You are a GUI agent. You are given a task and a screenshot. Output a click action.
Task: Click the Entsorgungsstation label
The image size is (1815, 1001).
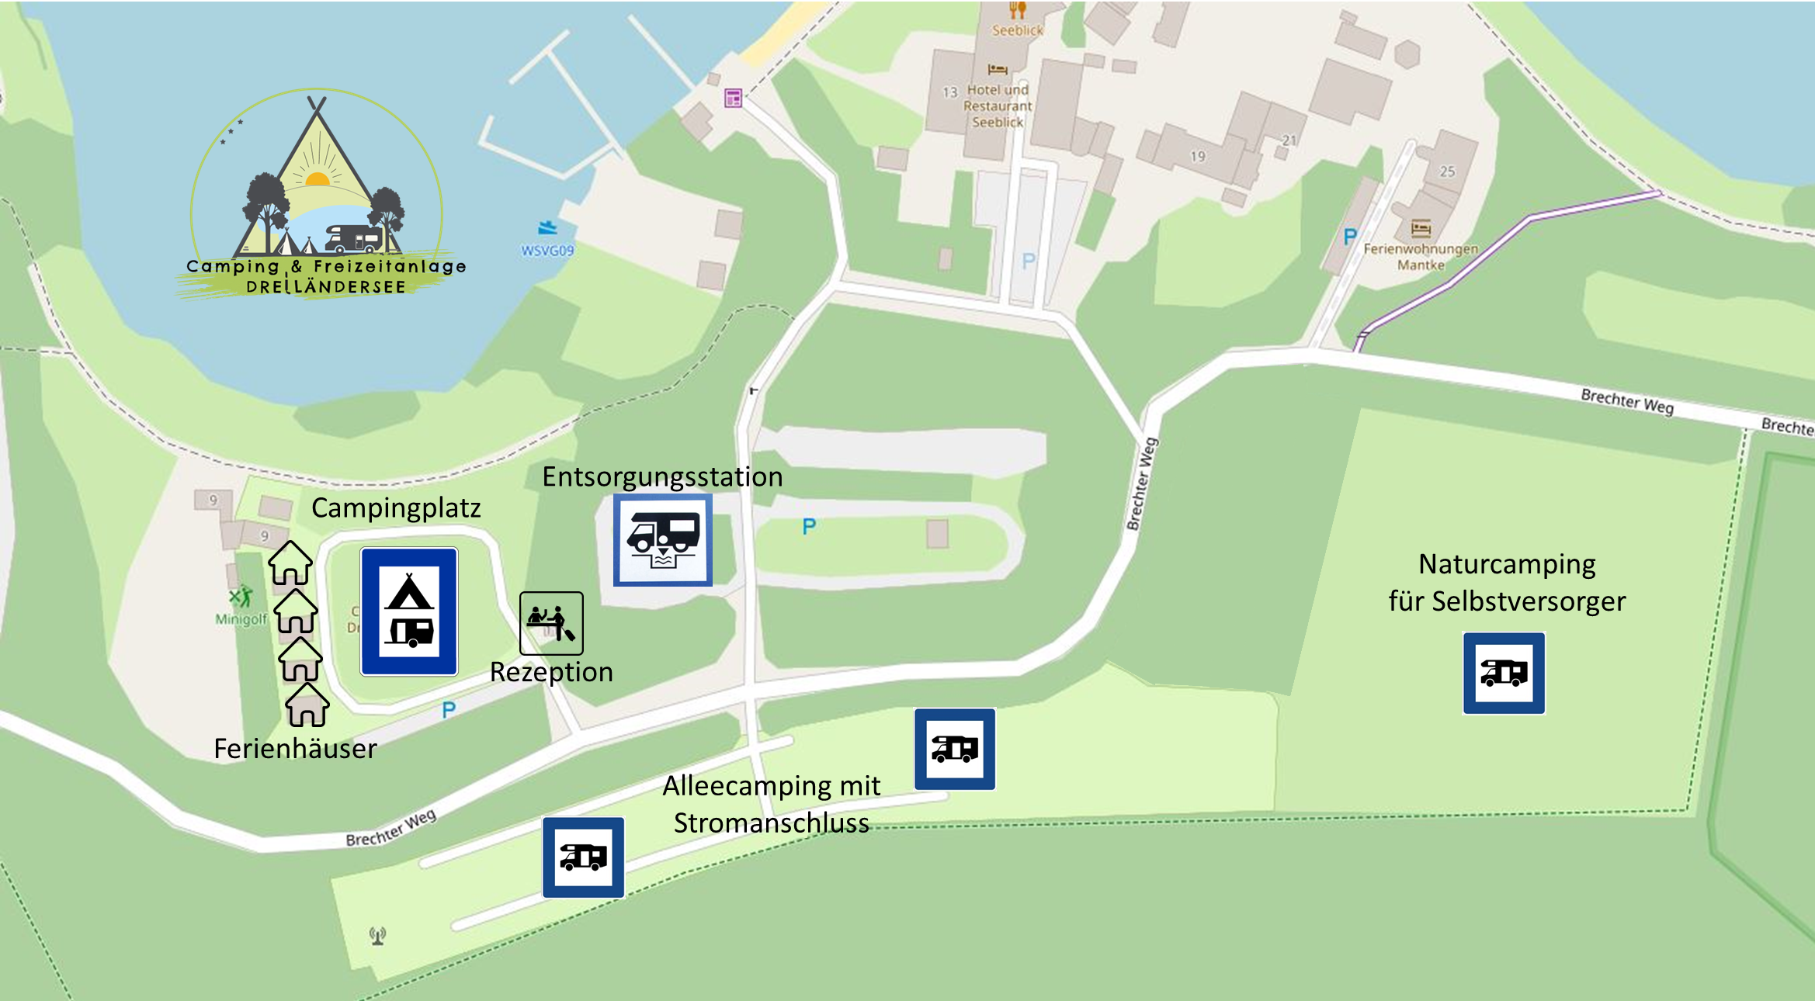coord(662,476)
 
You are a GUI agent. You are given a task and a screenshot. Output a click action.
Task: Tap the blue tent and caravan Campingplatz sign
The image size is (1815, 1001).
coord(409,611)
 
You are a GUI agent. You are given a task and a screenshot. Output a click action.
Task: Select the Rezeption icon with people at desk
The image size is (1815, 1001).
coord(551,623)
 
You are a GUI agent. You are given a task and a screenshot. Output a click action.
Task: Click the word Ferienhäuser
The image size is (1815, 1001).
coord(295,749)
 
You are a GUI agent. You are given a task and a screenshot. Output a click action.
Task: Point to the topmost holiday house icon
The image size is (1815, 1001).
coord(290,563)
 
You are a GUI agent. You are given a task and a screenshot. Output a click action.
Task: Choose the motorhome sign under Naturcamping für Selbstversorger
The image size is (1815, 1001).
coord(1504,673)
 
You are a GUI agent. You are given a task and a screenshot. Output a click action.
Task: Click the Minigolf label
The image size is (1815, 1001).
coord(241,619)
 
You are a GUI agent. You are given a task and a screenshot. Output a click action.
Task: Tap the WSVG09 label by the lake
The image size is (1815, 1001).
coord(547,251)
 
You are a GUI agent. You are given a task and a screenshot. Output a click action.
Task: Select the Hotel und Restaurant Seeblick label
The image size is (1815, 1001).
coord(998,106)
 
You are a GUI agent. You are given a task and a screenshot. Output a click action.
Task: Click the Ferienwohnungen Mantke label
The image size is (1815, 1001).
coord(1421,257)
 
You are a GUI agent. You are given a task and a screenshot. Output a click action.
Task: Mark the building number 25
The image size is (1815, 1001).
coord(1447,171)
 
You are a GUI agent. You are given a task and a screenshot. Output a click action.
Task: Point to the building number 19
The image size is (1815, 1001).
coord(1198,157)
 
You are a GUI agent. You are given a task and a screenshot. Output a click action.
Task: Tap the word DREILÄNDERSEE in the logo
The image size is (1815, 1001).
coord(326,287)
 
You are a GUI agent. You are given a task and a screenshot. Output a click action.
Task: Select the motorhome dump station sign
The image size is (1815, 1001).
coord(663,539)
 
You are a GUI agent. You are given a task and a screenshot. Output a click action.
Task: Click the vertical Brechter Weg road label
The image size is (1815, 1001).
coord(1142,484)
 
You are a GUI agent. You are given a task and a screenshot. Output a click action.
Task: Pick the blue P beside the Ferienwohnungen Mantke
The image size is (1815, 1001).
coord(1350,236)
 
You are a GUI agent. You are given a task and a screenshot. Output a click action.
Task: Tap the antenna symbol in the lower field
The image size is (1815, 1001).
coord(378,936)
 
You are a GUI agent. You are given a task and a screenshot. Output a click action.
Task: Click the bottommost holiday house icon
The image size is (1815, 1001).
coord(307,705)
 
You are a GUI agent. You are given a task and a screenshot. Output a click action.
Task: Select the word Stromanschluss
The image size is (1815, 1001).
coord(771,823)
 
